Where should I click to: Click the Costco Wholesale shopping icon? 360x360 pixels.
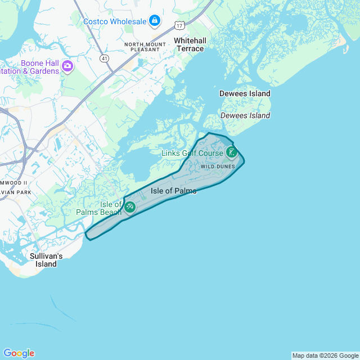point(154,21)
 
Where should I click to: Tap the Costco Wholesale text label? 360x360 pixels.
point(114,21)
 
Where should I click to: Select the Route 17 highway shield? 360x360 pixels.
point(179,25)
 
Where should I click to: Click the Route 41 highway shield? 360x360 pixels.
point(105,58)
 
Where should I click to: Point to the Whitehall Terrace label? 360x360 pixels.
point(189,44)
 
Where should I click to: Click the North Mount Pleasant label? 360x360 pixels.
point(145,47)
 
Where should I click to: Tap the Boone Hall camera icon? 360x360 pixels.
point(67,67)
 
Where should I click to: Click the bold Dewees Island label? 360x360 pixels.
point(245,93)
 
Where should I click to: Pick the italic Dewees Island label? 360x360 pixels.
point(245,115)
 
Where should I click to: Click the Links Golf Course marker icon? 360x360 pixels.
point(231,152)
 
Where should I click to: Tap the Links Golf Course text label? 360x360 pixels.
point(192,154)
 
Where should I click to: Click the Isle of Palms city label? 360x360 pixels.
point(174,191)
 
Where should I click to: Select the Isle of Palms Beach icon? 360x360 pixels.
point(130,207)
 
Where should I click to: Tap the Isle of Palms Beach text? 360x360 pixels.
point(100,208)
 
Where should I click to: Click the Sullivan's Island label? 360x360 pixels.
point(46,260)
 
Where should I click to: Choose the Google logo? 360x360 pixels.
point(19,353)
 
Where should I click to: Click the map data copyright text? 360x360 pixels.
point(325,355)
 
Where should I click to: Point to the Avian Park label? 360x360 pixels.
point(16,192)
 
